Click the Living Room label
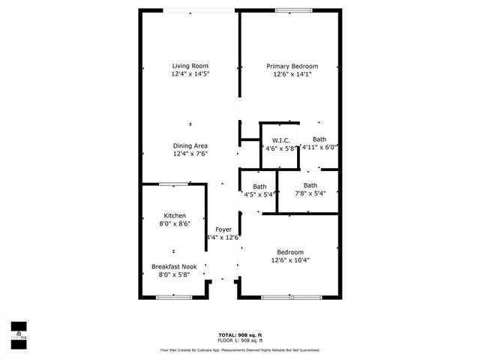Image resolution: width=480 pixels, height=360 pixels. [190, 66]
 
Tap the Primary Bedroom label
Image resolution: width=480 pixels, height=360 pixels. [292, 66]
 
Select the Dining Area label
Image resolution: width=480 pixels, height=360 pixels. [190, 145]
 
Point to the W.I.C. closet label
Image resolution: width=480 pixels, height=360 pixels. [280, 140]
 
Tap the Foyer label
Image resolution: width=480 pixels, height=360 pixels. [223, 229]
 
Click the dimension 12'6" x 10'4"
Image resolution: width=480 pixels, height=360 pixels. [289, 260]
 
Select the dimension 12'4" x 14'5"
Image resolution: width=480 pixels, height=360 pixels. [190, 74]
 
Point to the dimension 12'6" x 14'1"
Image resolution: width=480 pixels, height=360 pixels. [292, 74]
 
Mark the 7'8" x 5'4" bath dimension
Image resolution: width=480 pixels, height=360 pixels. [310, 194]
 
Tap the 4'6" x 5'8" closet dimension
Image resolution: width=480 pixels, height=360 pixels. [280, 148]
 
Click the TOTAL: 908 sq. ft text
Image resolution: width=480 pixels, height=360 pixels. [239, 334]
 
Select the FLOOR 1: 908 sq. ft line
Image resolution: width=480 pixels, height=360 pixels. [239, 340]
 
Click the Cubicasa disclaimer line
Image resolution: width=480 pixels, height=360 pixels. [239, 349]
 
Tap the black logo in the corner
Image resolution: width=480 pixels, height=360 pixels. [19, 330]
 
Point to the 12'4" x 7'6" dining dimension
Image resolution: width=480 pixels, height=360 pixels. [190, 154]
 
